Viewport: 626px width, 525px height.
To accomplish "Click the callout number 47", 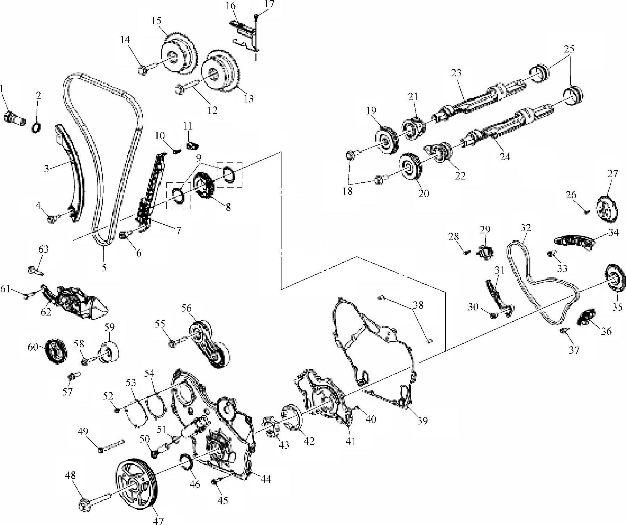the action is pos(158,520).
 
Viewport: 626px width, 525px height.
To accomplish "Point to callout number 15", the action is pos(156,21).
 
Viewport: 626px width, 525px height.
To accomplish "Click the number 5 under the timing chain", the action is pos(104,268).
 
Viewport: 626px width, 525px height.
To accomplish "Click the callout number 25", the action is pos(569,48).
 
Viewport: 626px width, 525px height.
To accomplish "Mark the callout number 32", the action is pos(526,228).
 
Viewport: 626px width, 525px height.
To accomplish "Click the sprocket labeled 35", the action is pos(615,282).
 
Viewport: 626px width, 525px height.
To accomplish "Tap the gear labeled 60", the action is pos(54,351).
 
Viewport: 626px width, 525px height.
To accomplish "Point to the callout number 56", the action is pos(187,308).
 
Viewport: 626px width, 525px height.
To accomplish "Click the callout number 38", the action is pos(418,305).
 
